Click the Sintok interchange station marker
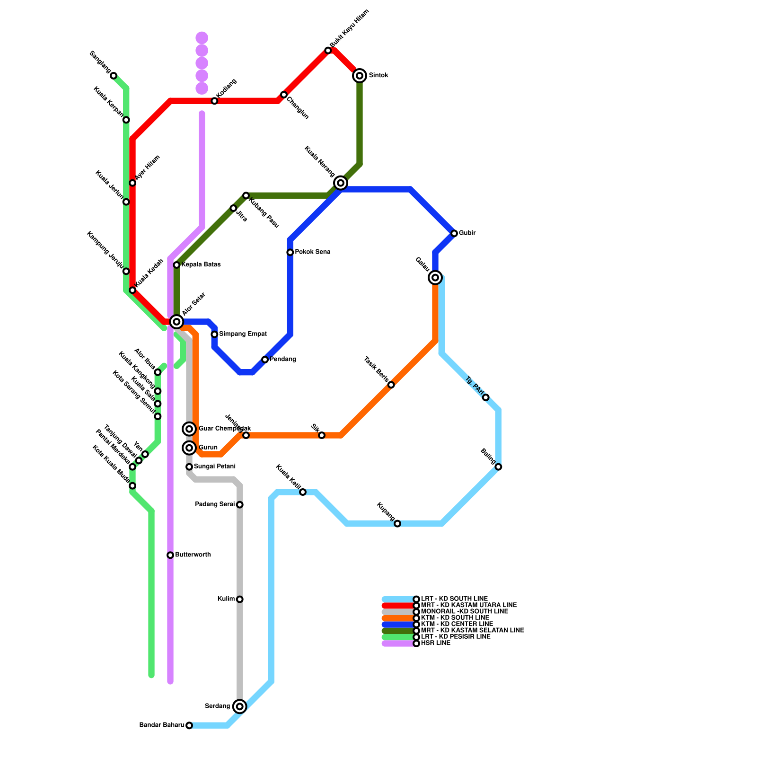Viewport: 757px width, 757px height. tap(360, 75)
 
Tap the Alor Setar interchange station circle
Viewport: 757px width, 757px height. tap(176, 322)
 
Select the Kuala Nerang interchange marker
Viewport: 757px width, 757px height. tap(341, 183)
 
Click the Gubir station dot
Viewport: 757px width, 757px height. tap(454, 233)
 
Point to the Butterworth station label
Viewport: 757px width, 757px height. tap(193, 555)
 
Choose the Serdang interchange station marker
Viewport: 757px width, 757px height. tap(240, 706)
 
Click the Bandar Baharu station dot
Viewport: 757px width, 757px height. tap(189, 725)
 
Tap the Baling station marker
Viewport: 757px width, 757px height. tap(498, 467)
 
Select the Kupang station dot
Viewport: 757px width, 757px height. tap(397, 523)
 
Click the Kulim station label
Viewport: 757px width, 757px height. tap(226, 599)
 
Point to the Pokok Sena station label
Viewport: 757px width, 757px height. tap(312, 252)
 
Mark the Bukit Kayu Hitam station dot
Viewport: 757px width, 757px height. tap(328, 50)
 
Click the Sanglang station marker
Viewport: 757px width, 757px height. tap(114, 76)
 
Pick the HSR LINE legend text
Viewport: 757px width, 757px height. tap(435, 643)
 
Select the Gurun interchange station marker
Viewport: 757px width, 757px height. tap(189, 448)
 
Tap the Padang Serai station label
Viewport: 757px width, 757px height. tap(215, 504)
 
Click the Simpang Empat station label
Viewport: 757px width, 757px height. tap(243, 334)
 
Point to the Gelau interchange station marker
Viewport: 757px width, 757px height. tap(435, 277)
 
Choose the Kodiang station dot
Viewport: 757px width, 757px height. tap(214, 101)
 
